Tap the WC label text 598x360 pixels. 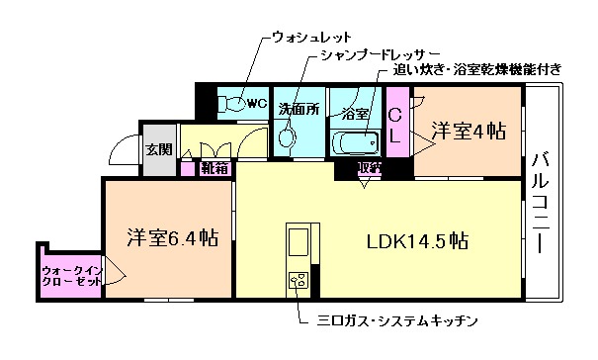click(256, 102)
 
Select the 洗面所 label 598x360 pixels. click(297, 109)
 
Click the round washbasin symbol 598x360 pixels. click(288, 138)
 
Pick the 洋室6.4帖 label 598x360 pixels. click(172, 237)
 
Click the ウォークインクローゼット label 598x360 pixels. click(71, 274)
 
